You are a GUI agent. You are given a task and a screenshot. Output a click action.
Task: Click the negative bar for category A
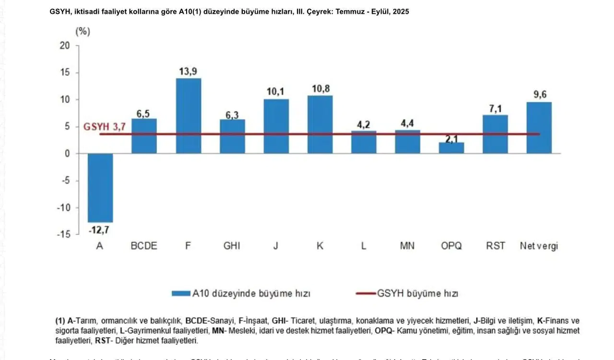(x=100, y=188)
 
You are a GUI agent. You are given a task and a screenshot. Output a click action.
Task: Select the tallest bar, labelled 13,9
(x=188, y=116)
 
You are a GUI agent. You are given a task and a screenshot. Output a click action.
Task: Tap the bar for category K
(x=320, y=124)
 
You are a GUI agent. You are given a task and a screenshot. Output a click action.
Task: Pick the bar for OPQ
(x=452, y=148)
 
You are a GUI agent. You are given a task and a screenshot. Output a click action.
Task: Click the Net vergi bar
(x=539, y=128)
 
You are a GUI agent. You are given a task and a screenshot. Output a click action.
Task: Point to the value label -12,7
(x=99, y=230)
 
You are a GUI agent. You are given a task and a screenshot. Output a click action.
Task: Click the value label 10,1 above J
(x=276, y=92)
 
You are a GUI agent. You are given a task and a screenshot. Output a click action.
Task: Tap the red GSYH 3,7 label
(x=105, y=127)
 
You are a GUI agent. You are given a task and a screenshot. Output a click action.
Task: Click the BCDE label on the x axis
(x=144, y=246)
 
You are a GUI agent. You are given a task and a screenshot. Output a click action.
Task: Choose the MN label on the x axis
(x=407, y=246)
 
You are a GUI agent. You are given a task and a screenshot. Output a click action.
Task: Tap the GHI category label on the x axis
(x=232, y=246)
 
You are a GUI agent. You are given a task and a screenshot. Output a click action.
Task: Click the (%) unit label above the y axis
(x=83, y=32)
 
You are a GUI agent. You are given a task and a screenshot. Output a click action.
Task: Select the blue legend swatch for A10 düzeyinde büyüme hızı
(x=181, y=293)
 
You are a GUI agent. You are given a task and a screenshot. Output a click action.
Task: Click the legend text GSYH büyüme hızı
(x=417, y=293)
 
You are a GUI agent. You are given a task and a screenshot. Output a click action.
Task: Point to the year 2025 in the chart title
(x=401, y=12)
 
